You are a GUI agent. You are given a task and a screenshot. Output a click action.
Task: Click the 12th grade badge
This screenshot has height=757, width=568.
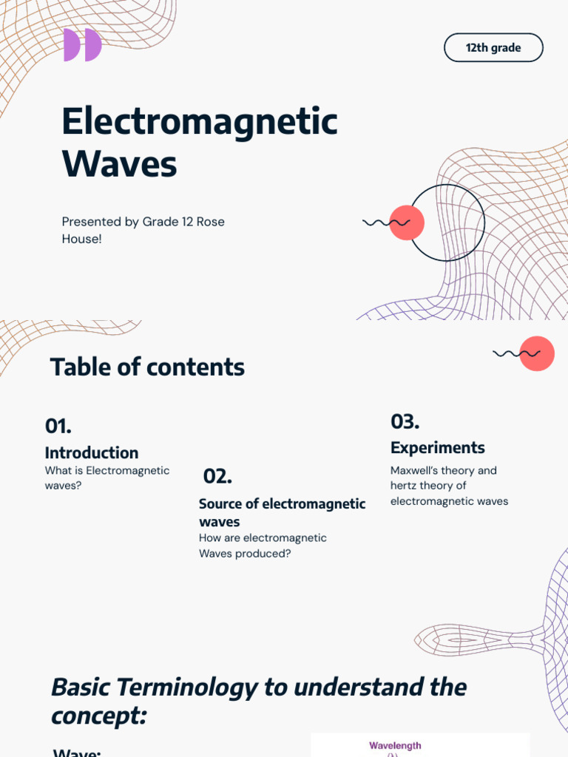(493, 48)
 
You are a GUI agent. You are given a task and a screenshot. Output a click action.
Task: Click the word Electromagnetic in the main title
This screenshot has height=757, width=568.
(200, 121)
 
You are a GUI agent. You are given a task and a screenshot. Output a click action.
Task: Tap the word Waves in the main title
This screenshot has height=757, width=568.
(120, 163)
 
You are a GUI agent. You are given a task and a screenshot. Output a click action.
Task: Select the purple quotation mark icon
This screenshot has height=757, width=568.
(82, 45)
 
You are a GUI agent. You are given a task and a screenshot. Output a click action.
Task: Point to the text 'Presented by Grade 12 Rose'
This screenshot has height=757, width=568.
(143, 222)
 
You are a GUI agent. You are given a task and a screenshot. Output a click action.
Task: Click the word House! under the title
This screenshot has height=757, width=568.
(81, 239)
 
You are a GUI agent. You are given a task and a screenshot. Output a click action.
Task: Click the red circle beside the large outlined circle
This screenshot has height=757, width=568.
(406, 223)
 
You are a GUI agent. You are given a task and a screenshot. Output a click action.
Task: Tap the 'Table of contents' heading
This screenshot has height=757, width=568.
(147, 367)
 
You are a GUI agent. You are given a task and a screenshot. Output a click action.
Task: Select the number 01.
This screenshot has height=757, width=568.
(58, 426)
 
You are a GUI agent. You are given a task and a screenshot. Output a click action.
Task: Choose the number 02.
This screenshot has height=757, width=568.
(217, 477)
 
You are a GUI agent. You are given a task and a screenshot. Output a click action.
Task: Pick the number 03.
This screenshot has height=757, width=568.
(405, 422)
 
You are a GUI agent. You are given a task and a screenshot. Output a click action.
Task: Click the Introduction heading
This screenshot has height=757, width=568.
(92, 452)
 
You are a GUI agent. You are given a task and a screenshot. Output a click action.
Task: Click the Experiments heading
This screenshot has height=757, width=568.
(438, 447)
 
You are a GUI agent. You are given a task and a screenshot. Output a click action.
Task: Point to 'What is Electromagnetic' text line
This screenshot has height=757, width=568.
(107, 471)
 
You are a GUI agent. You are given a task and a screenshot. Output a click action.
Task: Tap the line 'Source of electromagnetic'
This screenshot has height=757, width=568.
(282, 504)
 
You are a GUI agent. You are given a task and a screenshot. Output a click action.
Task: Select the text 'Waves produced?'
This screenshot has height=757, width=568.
(245, 554)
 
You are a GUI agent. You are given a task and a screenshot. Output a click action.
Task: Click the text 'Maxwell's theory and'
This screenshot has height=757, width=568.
(444, 471)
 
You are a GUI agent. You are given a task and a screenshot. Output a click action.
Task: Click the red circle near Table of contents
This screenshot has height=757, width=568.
(537, 353)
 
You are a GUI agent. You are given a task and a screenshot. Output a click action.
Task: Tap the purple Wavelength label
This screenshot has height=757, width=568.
(395, 746)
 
